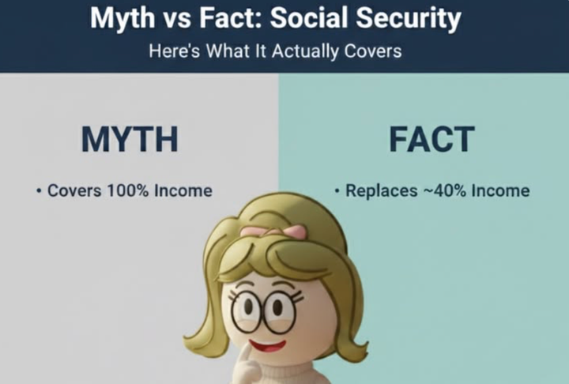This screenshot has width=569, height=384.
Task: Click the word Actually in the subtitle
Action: click(295, 51)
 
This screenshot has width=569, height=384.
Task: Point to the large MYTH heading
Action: click(129, 139)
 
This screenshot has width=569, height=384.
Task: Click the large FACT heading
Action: click(431, 139)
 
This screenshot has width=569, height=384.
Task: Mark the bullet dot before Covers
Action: click(39, 191)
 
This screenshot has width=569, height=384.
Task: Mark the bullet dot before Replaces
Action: click(337, 191)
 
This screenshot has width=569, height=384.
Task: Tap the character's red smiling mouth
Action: click(269, 346)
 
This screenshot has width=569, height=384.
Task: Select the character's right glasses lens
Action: click(278, 314)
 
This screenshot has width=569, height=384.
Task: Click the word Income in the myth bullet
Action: click(184, 190)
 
